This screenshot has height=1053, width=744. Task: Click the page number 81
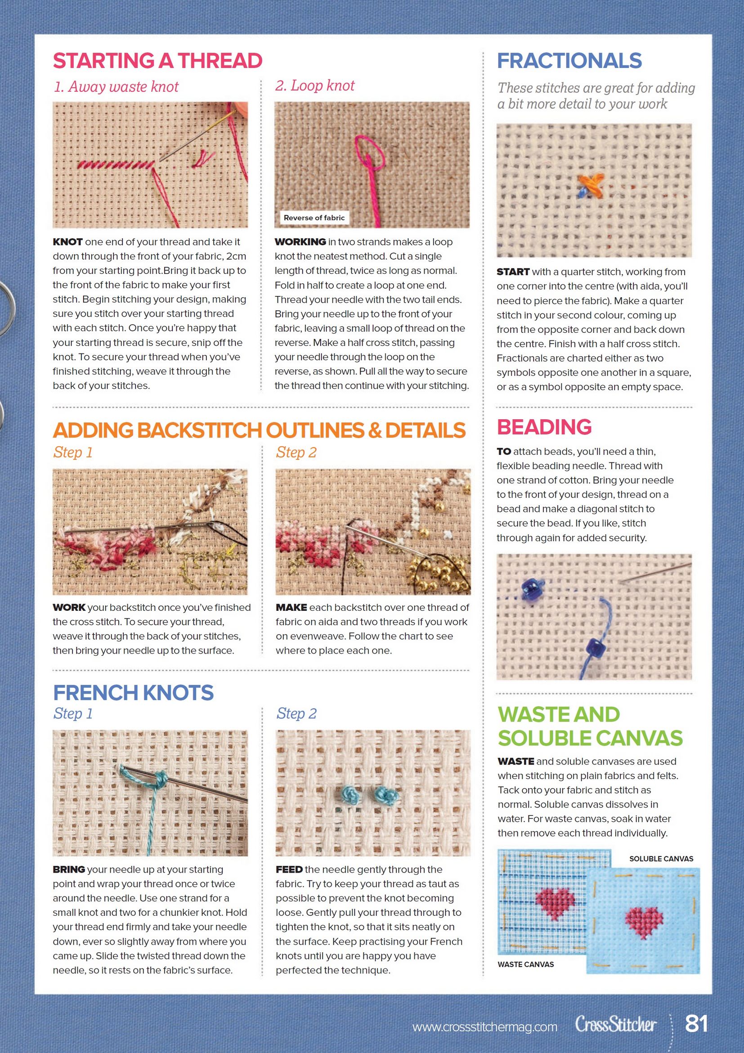(x=696, y=1023)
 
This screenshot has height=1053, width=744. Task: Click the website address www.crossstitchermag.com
(x=484, y=1027)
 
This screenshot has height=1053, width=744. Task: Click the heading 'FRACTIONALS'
(x=569, y=61)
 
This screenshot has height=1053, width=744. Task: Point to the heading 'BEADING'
(x=544, y=427)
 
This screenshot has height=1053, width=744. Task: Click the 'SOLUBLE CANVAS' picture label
(x=661, y=859)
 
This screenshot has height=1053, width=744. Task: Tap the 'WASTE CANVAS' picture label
(x=525, y=964)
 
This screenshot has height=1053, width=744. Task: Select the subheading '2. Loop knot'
(x=315, y=85)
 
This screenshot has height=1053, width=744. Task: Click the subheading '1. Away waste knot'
(x=116, y=87)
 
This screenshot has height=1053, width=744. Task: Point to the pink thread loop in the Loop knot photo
(x=368, y=149)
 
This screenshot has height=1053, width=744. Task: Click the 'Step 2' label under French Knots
(x=296, y=713)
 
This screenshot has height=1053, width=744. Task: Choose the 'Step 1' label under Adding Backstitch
(x=73, y=452)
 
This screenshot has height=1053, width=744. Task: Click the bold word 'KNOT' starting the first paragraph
(x=67, y=242)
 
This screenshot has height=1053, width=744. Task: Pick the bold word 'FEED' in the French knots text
(x=289, y=869)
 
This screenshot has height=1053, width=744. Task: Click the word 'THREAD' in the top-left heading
(x=220, y=61)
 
